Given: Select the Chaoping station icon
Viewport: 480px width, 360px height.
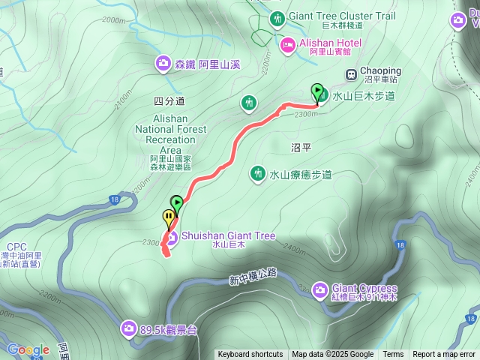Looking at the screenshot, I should click(350, 73).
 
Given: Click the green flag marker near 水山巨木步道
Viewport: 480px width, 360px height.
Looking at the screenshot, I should click(318, 92).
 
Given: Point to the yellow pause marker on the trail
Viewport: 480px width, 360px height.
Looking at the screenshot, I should click(169, 219).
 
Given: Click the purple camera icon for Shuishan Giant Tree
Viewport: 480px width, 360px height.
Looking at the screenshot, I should click(171, 238).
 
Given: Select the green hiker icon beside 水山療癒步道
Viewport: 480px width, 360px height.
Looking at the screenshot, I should click(258, 174).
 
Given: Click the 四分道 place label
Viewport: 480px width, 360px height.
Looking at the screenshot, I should click(169, 100).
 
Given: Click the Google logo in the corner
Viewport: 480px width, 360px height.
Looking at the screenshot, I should click(28, 349).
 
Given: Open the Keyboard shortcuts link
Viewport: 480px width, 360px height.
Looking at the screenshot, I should click(250, 355).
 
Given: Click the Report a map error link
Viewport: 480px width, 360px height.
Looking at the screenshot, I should click(444, 355).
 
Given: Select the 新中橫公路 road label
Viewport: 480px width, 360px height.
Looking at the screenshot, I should click(253, 279).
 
